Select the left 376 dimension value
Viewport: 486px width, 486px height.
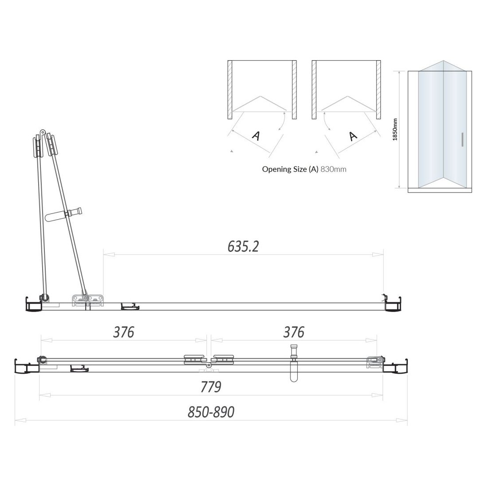coord(123,332)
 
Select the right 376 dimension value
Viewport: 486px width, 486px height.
coord(293,332)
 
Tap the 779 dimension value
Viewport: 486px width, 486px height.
coord(210,387)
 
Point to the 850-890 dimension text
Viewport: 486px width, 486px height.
coord(211,412)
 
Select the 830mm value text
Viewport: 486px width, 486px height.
coord(333,169)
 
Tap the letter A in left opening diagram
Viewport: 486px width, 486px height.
coord(256,135)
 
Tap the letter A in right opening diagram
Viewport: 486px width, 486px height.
coord(353,135)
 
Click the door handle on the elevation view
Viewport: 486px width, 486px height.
coord(462,139)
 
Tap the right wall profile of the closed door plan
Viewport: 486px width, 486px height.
coord(395,367)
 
